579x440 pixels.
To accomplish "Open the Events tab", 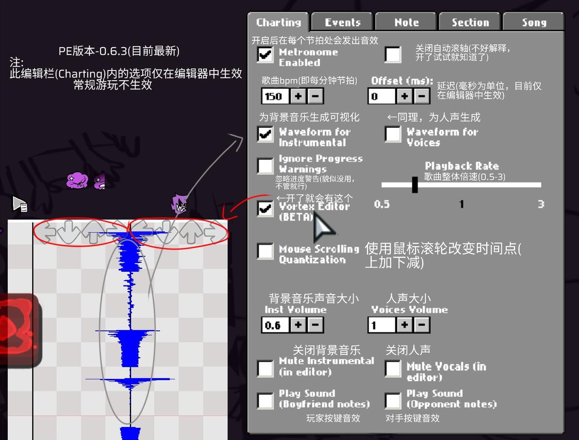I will pos(342,22).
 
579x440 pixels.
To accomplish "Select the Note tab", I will pos(406,22).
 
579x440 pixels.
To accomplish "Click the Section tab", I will pos(470,22).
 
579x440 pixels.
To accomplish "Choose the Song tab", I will pos(533,22).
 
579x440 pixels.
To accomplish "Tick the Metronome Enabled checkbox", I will pos(265,54).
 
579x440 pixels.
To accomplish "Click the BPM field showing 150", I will pos(275,96).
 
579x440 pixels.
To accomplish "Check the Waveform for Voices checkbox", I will pos(393,134).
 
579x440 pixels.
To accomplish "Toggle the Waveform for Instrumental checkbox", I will pos(265,134).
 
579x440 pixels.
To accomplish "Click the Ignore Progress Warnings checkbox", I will pos(265,166).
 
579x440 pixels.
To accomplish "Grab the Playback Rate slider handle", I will pos(415,185).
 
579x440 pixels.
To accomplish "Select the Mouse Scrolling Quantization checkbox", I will pos(265,251).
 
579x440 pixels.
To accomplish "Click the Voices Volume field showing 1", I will pos(382,324).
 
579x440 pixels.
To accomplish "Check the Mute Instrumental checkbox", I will pos(265,369).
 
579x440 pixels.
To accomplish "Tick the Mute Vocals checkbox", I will pos(393,369).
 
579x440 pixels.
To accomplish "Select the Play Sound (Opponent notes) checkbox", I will pos(393,401).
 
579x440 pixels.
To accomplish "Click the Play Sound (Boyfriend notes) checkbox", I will pos(265,401).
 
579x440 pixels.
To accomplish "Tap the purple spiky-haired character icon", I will pos(180,204).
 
